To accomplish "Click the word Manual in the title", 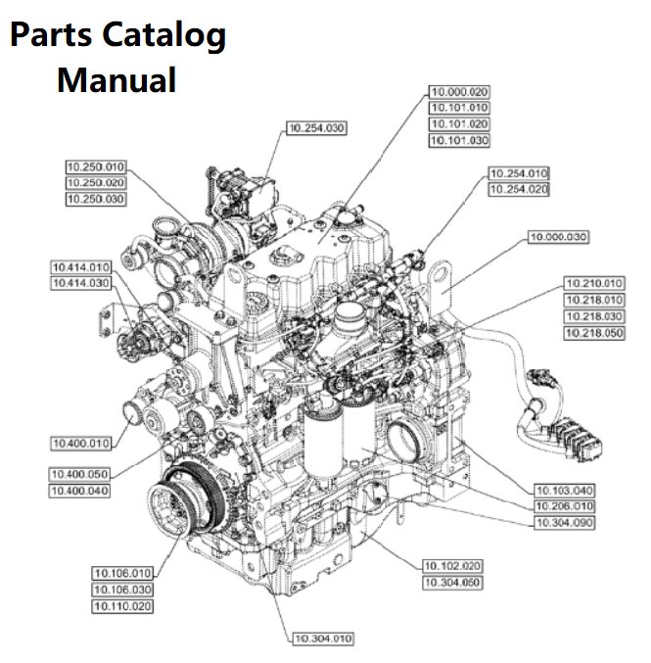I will coord(116,79).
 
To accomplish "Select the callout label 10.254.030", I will coord(316,127).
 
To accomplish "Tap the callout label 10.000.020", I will coord(459,91).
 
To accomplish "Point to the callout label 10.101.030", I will coord(459,141).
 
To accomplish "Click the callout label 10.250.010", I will coord(95,166).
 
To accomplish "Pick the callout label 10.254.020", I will coord(518,189).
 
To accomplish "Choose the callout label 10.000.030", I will coord(558,237).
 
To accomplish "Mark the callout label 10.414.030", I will coord(80,283).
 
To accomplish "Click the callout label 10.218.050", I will coord(594,334).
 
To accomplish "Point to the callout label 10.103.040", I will coord(565,489).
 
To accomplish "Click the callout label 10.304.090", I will coord(565,523).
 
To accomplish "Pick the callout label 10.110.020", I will coord(122,606).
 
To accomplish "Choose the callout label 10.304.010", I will coord(322,639).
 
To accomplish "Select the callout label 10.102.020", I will coord(451,566).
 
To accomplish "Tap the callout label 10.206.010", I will coord(565,506).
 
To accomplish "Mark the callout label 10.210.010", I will coord(594,283).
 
